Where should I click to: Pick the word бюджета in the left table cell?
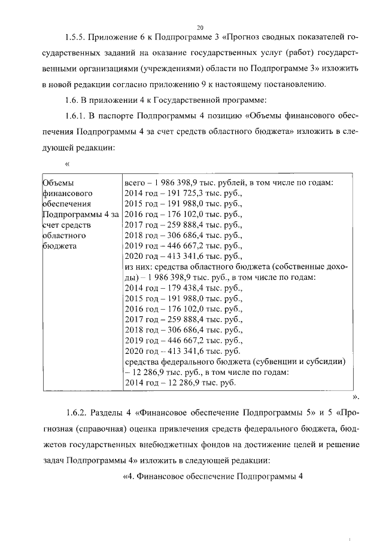59,246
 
